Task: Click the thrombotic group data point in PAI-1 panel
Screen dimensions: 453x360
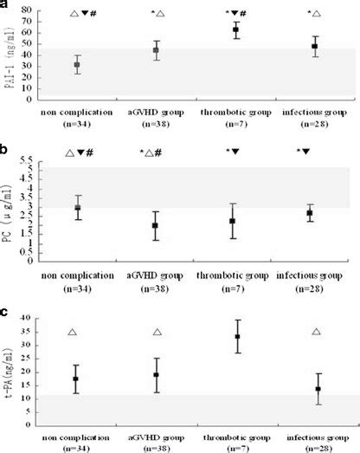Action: (x=235, y=30)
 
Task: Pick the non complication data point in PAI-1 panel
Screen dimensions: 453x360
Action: (x=78, y=65)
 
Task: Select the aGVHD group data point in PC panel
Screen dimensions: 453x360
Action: (x=156, y=225)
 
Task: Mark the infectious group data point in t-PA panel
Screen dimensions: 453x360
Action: (x=318, y=389)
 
